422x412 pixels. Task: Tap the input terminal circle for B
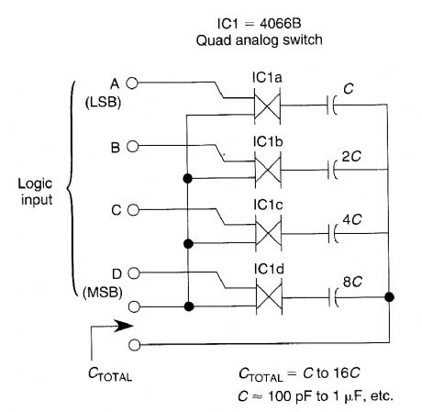(131, 146)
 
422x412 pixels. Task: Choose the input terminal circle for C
(131, 209)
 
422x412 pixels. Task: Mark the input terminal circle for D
(131, 273)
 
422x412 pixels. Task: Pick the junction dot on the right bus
(391, 297)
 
